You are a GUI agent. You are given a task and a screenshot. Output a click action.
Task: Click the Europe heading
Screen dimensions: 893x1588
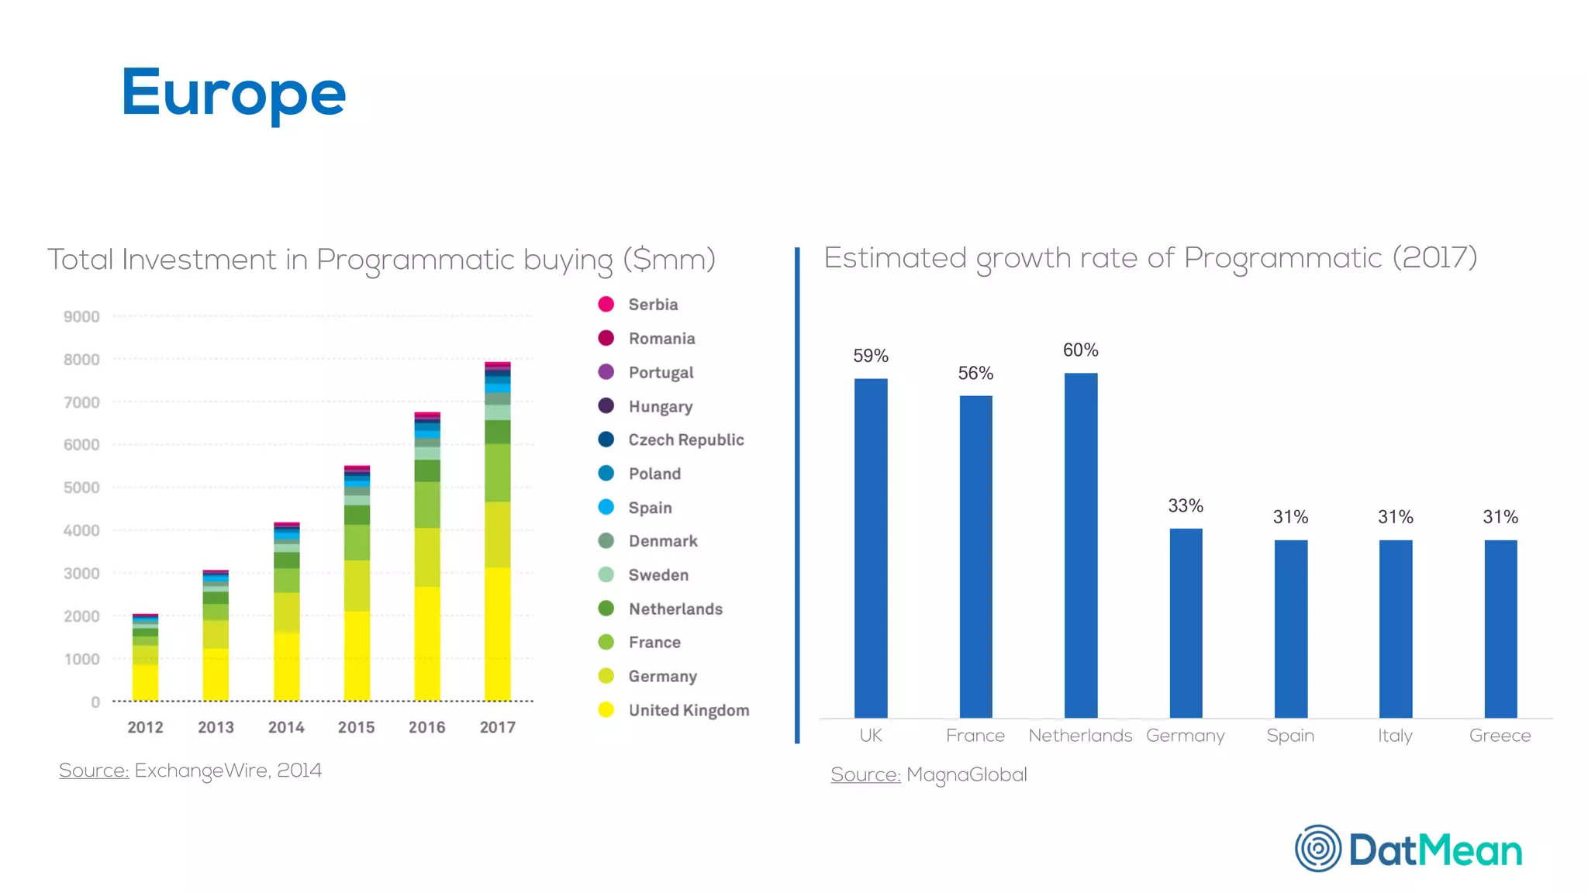click(x=233, y=93)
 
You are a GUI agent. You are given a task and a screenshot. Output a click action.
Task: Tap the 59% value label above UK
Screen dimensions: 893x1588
click(x=870, y=356)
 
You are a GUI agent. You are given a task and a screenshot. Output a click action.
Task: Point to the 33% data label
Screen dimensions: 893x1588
click(x=1186, y=506)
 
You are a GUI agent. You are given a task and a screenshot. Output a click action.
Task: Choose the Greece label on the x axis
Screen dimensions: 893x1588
click(x=1500, y=736)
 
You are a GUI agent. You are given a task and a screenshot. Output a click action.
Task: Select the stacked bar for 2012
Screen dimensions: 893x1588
click(x=145, y=658)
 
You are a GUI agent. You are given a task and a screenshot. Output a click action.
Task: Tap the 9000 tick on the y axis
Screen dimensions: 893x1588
click(x=81, y=316)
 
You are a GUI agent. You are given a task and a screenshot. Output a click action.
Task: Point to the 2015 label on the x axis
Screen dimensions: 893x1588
click(x=356, y=727)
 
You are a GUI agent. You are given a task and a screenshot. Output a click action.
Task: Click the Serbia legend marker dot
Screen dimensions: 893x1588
click(x=606, y=304)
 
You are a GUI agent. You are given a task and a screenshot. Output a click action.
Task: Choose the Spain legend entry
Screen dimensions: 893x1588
click(x=650, y=508)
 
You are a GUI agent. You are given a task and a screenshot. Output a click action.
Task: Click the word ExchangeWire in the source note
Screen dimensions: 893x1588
click(x=201, y=771)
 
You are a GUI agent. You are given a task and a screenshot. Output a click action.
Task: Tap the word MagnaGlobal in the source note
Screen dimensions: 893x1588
click(x=966, y=774)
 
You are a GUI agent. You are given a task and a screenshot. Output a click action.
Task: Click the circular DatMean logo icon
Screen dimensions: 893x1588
click(x=1317, y=848)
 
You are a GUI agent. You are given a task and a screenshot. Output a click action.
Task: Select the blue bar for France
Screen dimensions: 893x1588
click(x=975, y=557)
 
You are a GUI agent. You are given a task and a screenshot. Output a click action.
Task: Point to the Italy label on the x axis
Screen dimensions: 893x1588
click(x=1395, y=736)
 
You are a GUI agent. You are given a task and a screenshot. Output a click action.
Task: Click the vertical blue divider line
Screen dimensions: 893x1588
click(x=796, y=496)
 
